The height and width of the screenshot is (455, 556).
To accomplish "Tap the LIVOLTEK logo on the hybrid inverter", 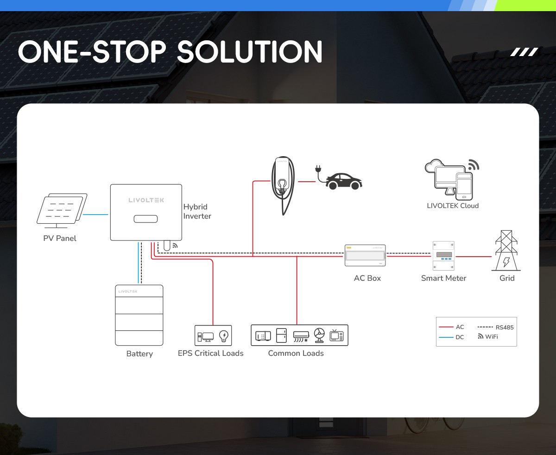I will pyautogui.click(x=146, y=200).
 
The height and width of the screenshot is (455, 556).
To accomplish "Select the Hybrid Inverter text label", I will pyautogui.click(x=197, y=211).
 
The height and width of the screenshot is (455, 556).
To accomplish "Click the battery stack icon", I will pyautogui.click(x=139, y=315).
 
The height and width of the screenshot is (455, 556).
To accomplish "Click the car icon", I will pyautogui.click(x=344, y=181).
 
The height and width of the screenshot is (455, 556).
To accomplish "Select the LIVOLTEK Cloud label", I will pyautogui.click(x=453, y=206).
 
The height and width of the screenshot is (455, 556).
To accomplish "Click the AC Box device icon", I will pyautogui.click(x=365, y=255).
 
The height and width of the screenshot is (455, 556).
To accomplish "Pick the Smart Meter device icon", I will pyautogui.click(x=443, y=256).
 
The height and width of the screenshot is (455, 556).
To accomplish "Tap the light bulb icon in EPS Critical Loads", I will pyautogui.click(x=224, y=335).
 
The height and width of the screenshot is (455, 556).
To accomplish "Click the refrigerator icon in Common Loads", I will pyautogui.click(x=281, y=335).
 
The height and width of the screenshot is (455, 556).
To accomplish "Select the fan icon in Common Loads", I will pyautogui.click(x=319, y=335).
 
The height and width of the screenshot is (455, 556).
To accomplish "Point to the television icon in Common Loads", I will pyautogui.click(x=337, y=335).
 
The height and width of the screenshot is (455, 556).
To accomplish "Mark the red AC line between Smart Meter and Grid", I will pyautogui.click(x=473, y=256).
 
